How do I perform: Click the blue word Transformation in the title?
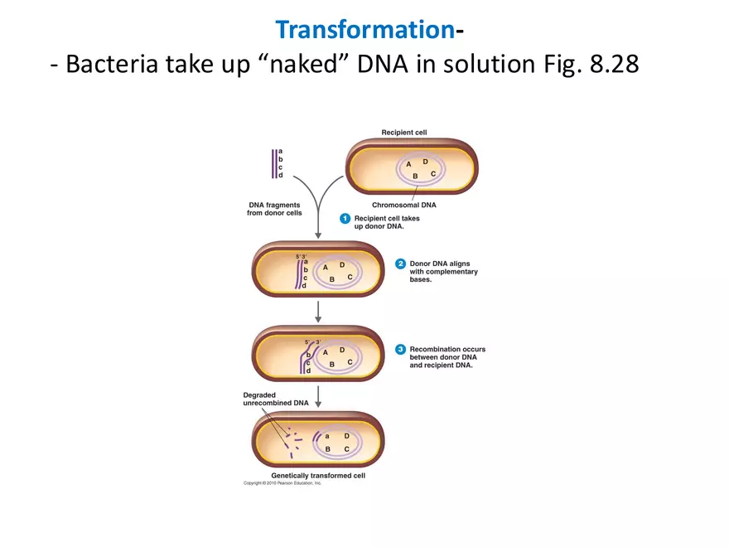point(364,29)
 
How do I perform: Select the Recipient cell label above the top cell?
point(404,132)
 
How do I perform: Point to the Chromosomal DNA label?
point(404,205)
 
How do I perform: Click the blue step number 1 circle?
point(345,218)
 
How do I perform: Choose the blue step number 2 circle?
point(400,264)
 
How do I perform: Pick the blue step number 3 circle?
point(400,350)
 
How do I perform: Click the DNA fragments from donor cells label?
point(274,209)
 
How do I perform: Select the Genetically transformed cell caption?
point(318,476)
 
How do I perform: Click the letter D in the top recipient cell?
point(425,162)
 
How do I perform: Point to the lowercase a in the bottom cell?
point(327,436)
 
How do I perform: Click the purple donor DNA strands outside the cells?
point(273,163)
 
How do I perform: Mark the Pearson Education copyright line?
point(282,483)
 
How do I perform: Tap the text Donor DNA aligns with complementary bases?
point(443,272)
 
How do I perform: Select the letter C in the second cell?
point(350,277)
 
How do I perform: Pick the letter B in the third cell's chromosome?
point(331,364)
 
